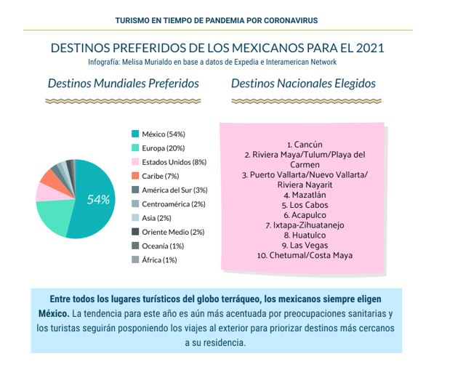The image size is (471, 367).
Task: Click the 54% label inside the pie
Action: coord(98,199)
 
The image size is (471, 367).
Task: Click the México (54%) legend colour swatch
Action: coord(135,134)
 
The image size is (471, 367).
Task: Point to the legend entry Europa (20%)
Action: coord(158,148)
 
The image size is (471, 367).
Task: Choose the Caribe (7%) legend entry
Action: coord(155,176)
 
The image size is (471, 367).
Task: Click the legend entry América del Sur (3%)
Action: coord(169,190)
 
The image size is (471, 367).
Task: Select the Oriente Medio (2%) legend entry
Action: coord(168,232)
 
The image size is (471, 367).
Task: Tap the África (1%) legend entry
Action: coord(154,259)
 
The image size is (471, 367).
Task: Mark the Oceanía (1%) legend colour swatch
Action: coord(135,246)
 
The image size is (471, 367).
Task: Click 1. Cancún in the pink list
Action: coord(305,145)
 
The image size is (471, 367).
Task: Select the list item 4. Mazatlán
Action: coord(305,195)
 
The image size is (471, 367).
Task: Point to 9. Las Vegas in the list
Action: coord(305,246)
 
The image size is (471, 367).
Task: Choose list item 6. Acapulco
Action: coord(305,215)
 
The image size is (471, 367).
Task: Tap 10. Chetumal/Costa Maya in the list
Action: coord(305,255)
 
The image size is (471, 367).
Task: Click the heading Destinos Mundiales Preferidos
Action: coord(123,84)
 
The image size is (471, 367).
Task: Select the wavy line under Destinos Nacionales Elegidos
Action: coord(307,101)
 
